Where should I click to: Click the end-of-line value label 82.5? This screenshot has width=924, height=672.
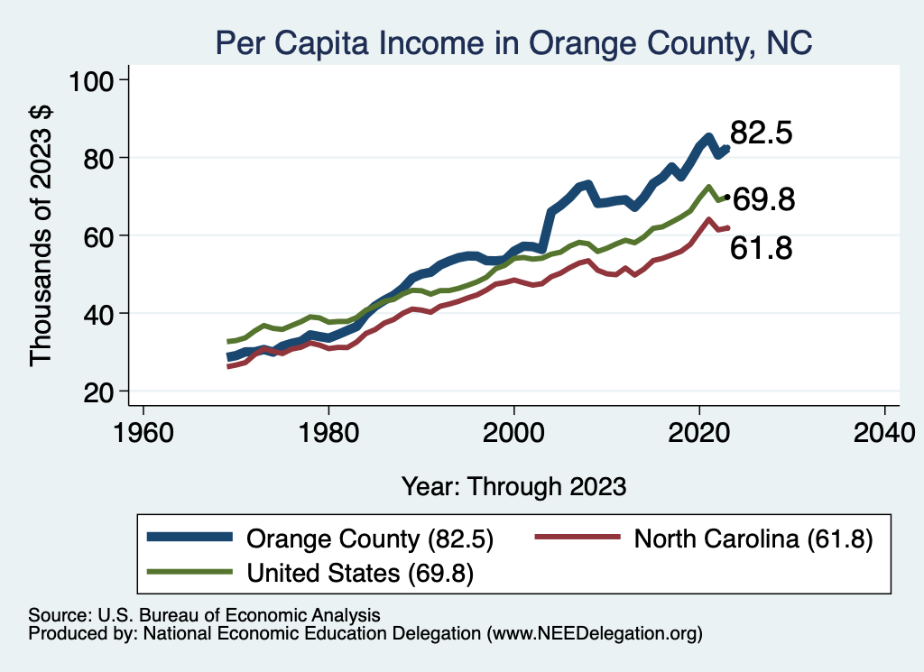coord(761,133)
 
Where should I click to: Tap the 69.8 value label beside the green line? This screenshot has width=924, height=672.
coord(763,199)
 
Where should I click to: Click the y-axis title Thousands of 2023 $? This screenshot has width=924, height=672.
coord(42,235)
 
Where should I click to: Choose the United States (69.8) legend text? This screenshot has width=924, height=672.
coord(361,572)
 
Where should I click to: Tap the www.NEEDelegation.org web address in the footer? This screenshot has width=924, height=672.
coord(593,634)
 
